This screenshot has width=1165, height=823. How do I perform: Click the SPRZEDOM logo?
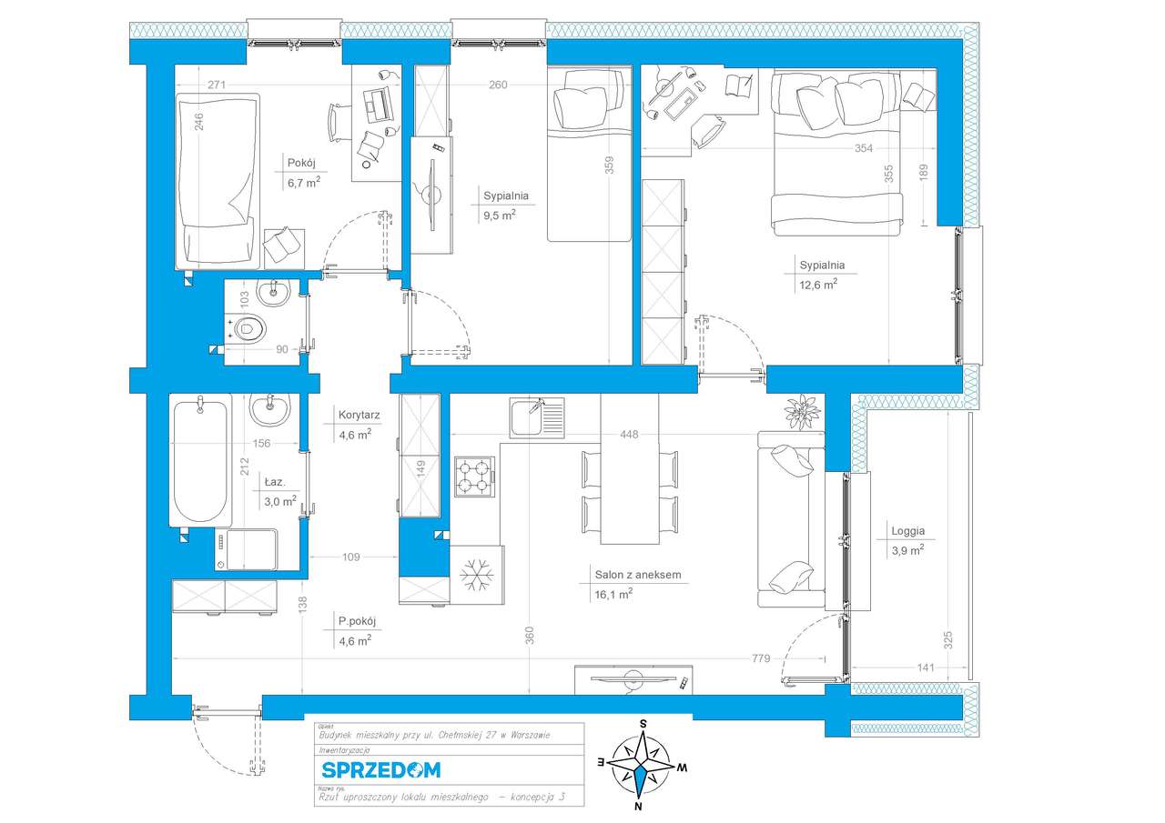pyautogui.click(x=380, y=770)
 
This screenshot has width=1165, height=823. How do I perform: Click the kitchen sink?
pyautogui.click(x=536, y=417)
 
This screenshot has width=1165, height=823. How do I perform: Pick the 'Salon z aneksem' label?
pyautogui.click(x=637, y=575)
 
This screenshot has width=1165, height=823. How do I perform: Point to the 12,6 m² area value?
pyautogui.click(x=818, y=284)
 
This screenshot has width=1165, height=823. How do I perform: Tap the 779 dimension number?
pyautogui.click(x=761, y=658)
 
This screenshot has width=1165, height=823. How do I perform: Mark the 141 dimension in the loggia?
pyautogui.click(x=925, y=667)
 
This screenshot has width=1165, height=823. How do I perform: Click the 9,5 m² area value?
pyautogui.click(x=500, y=215)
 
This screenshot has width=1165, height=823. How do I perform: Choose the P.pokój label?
pyautogui.click(x=358, y=622)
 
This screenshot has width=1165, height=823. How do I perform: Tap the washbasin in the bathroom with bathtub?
pyautogui.click(x=268, y=410)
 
